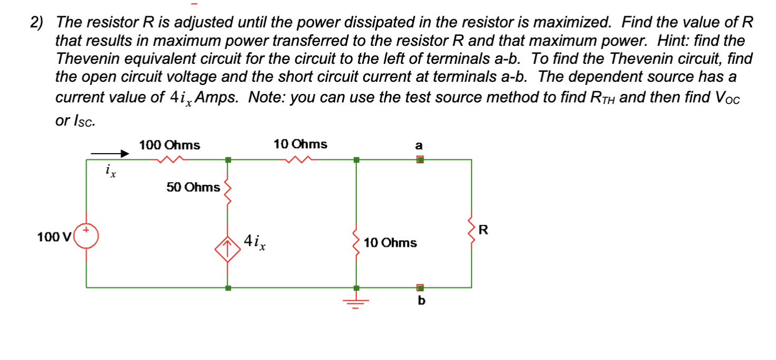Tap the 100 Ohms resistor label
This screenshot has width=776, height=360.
[x=169, y=145]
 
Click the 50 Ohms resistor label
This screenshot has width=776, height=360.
[x=193, y=187]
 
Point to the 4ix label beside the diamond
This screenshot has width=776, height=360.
[x=255, y=242]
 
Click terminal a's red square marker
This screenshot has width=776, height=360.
[x=420, y=159]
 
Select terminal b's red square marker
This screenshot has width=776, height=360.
[x=420, y=288]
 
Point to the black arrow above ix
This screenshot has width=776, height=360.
[x=110, y=154]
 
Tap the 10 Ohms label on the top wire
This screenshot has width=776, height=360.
[x=300, y=144]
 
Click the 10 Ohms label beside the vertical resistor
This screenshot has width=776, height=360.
[x=390, y=243]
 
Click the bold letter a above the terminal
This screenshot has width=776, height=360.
[x=419, y=145]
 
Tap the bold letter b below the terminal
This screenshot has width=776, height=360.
[x=421, y=301]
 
